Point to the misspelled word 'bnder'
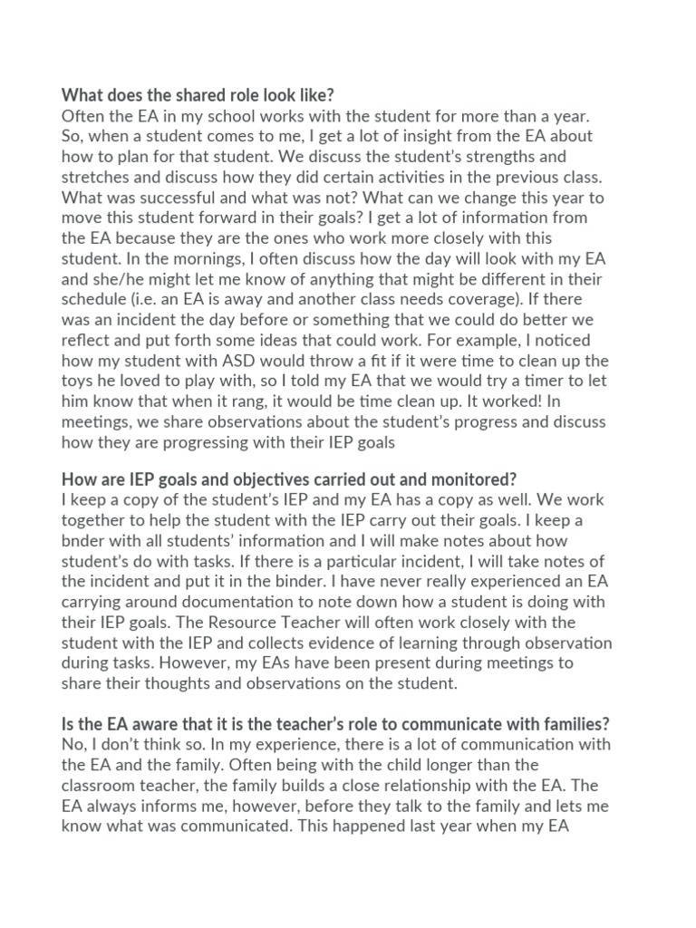click(x=84, y=541)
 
